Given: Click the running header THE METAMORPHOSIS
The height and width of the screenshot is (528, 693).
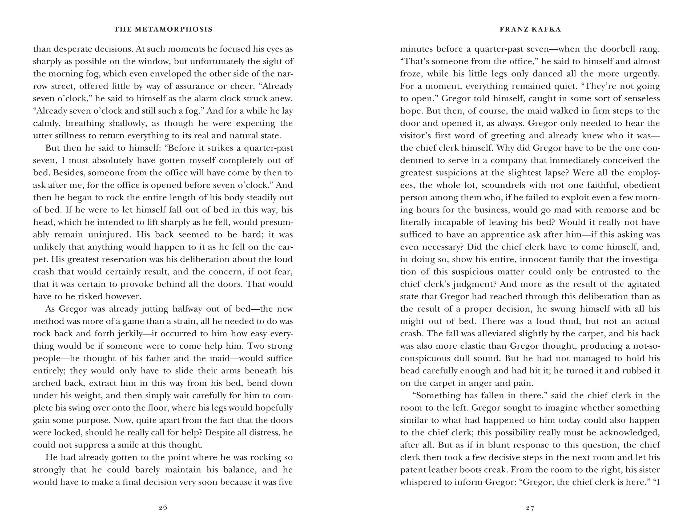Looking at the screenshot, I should (163, 29).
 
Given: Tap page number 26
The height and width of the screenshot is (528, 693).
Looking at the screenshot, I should (163, 507).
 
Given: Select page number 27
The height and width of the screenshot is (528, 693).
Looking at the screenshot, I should (530, 507).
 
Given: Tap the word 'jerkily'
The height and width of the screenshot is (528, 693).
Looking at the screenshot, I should (129, 333).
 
